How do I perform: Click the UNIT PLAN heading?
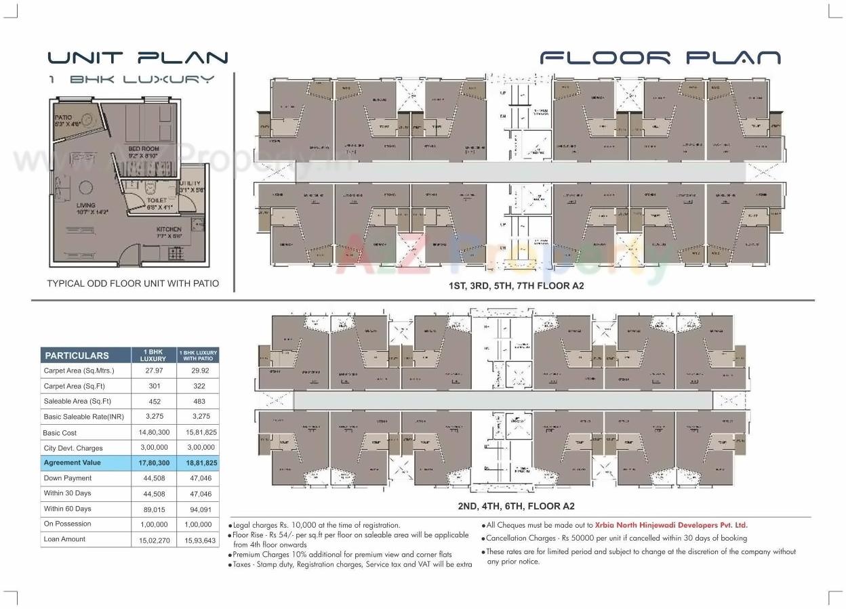pos(138,58)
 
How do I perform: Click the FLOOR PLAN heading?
pos(660,58)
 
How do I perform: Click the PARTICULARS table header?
pos(77,355)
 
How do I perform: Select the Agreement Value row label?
pos(72,463)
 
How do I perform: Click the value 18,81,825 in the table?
pos(197,463)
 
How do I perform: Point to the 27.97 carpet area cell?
pos(153,371)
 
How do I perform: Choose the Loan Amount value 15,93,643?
pos(197,540)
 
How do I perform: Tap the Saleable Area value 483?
pos(197,402)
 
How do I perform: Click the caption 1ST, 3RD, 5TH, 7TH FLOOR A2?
pos(516,286)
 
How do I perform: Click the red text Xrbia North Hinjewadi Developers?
pos(670,525)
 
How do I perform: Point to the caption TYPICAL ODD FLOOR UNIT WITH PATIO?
pos(133,284)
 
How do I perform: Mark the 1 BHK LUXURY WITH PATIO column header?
pos(198,355)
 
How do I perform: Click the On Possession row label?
pos(67,524)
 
